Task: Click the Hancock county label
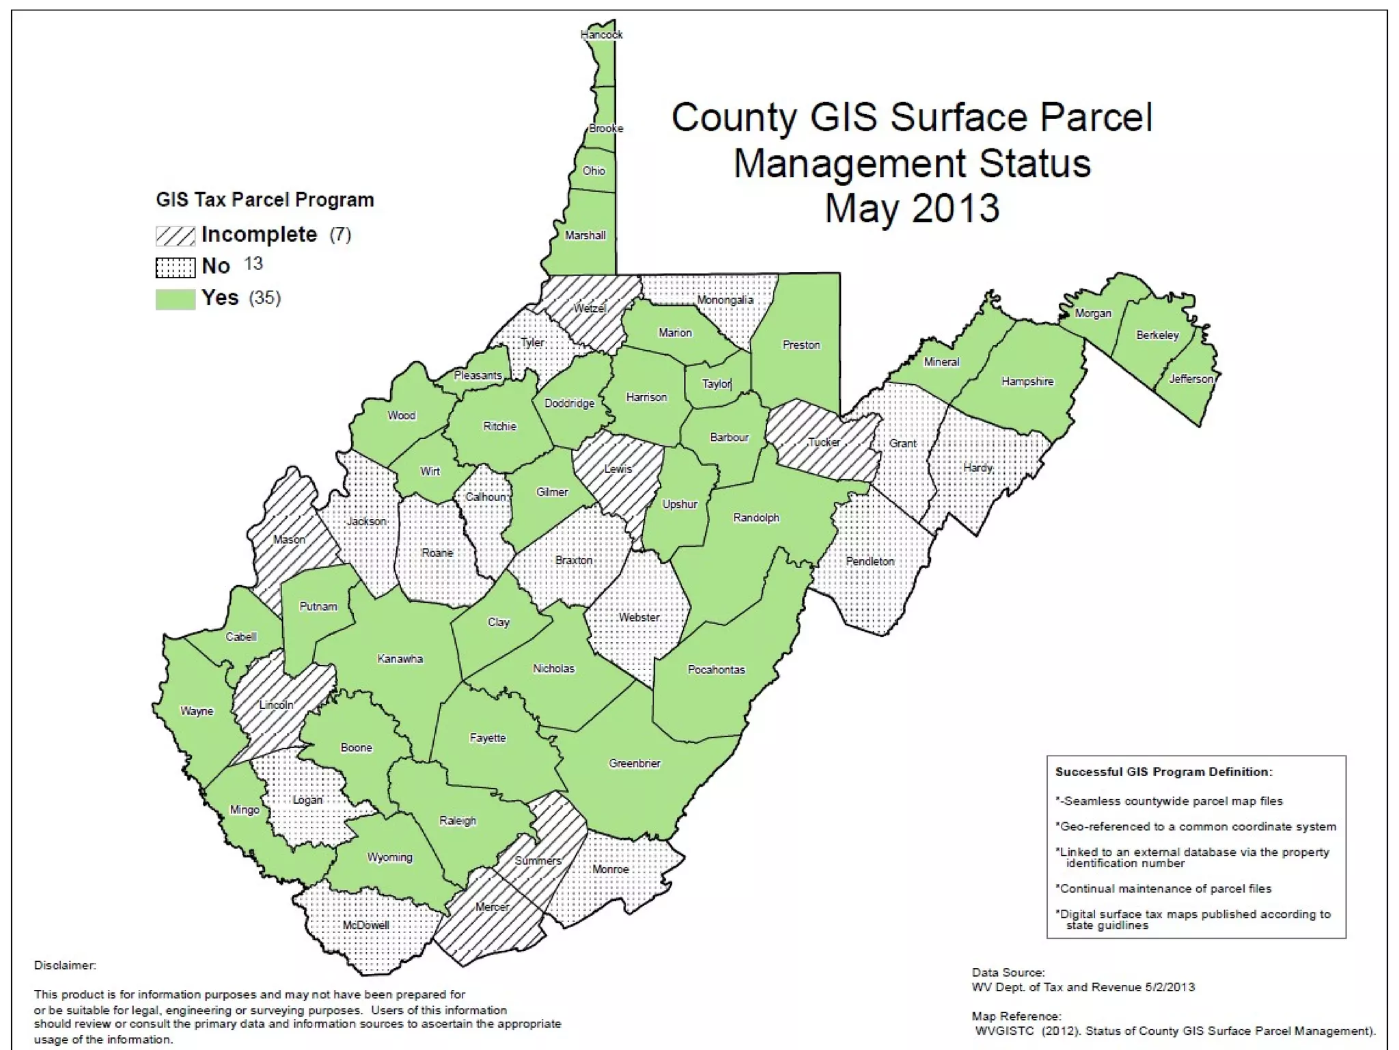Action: pos(601,34)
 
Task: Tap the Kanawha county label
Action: pos(400,659)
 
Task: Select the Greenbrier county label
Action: pos(635,764)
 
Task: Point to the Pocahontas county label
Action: pos(716,670)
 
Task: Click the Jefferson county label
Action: pos(1191,379)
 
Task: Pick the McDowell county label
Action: pos(366,925)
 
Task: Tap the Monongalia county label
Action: pos(725,300)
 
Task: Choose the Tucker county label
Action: pos(824,442)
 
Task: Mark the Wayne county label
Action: pos(197,711)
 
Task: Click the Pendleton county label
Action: pos(870,561)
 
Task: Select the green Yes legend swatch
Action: pos(175,299)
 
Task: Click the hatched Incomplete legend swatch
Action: pos(175,236)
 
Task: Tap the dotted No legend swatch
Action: pos(175,267)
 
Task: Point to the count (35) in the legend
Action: pos(265,298)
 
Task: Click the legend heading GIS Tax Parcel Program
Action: pos(265,200)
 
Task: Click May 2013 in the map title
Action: pos(911,208)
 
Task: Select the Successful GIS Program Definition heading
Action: pos(1163,772)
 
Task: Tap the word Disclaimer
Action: pos(65,965)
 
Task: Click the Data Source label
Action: pos(1008,972)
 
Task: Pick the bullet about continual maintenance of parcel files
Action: pos(1163,889)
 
